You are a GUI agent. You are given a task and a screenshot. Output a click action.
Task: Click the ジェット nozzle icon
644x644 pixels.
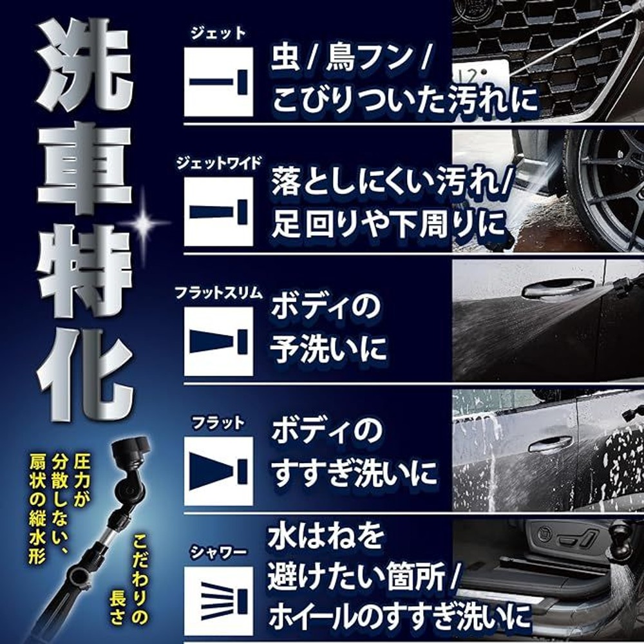point(218,81)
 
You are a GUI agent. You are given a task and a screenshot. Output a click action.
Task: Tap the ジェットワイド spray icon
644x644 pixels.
point(218,211)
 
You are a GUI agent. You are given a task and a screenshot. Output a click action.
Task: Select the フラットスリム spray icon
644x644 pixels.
point(218,341)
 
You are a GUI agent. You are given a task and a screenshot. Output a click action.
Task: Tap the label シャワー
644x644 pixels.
point(218,551)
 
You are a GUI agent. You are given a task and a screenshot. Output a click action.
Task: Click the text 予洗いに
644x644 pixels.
point(328,348)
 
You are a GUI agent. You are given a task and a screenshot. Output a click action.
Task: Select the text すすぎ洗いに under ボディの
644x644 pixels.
point(354,473)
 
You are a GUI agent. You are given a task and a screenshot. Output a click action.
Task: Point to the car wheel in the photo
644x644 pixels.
point(605,187)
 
